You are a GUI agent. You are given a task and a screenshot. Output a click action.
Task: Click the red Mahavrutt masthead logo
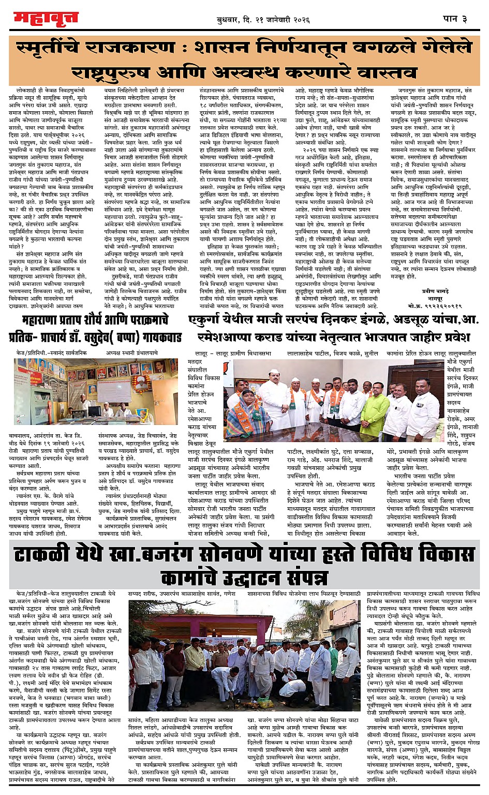tap(46, 19)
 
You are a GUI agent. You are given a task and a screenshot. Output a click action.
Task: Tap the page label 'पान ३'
tap(455, 19)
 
